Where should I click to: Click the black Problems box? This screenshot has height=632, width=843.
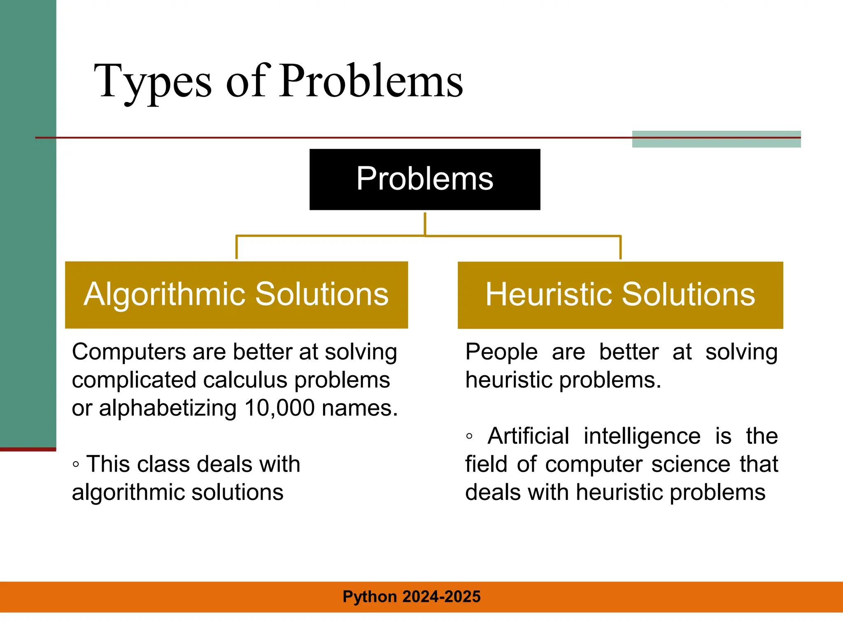(424, 179)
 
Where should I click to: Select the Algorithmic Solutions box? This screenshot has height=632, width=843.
(236, 295)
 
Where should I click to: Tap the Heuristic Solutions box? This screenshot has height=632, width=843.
(620, 295)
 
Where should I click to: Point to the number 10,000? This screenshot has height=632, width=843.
(280, 408)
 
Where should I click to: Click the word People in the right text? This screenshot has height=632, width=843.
(501, 352)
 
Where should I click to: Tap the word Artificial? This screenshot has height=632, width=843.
(528, 436)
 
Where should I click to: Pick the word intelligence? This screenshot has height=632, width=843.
(642, 436)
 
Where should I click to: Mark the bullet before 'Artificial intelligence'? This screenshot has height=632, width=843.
(469, 437)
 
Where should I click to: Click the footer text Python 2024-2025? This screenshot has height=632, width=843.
(411, 597)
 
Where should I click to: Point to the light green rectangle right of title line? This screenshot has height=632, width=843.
(716, 139)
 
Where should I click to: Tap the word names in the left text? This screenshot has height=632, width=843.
(359, 408)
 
